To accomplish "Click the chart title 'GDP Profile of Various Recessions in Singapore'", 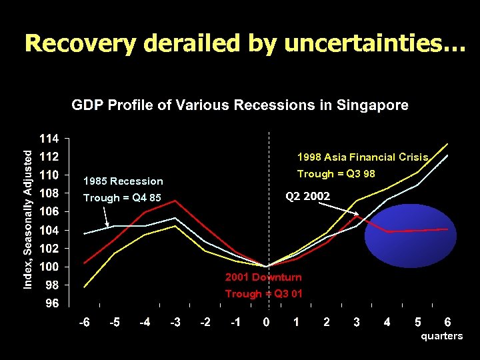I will [x=240, y=105].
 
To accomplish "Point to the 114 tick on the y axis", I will [x=51, y=139].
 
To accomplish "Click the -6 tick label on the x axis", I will [x=84, y=323].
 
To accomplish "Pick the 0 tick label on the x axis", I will [x=266, y=323].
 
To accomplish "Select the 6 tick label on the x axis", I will [x=447, y=323].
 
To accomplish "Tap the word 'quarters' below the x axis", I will [x=441, y=336].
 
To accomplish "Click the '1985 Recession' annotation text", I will [x=123, y=181].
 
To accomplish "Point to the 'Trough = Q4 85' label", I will [x=122, y=198].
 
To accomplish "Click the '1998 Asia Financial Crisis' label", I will [x=362, y=157].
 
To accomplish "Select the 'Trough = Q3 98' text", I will [x=336, y=174].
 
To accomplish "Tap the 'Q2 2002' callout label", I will [x=307, y=196].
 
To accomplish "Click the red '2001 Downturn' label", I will [x=263, y=277].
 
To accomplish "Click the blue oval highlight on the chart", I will [x=410, y=235].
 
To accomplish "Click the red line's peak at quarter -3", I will [x=175, y=200].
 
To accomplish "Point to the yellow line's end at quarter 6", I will [x=447, y=143].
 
